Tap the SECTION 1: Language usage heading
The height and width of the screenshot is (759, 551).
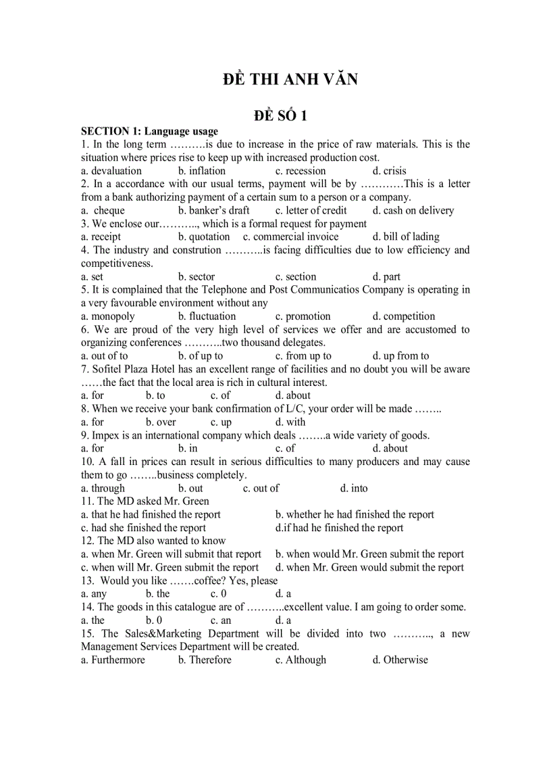point(149,131)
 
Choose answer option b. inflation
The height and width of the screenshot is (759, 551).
point(202,171)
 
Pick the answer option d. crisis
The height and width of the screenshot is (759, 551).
point(390,171)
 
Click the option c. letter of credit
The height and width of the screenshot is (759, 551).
point(311,211)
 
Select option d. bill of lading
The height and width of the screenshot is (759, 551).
point(406,237)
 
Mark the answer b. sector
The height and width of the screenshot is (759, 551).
point(196,277)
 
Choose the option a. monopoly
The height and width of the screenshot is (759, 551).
point(108,316)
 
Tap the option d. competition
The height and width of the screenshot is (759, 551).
point(404,316)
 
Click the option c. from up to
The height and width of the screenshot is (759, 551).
point(303,356)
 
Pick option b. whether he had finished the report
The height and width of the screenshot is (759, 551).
point(355,515)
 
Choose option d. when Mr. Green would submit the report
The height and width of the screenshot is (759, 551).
point(370,568)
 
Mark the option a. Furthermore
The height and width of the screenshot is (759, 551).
point(113,660)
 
